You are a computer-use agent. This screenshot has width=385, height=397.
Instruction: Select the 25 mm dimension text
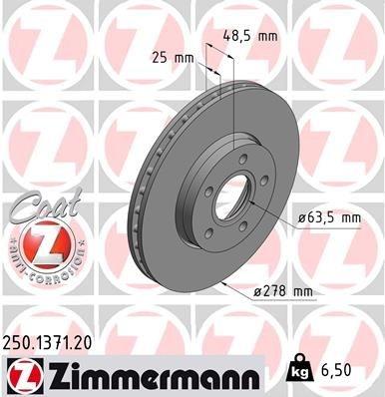[171, 59]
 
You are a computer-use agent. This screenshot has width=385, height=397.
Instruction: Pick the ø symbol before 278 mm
[255, 290]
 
